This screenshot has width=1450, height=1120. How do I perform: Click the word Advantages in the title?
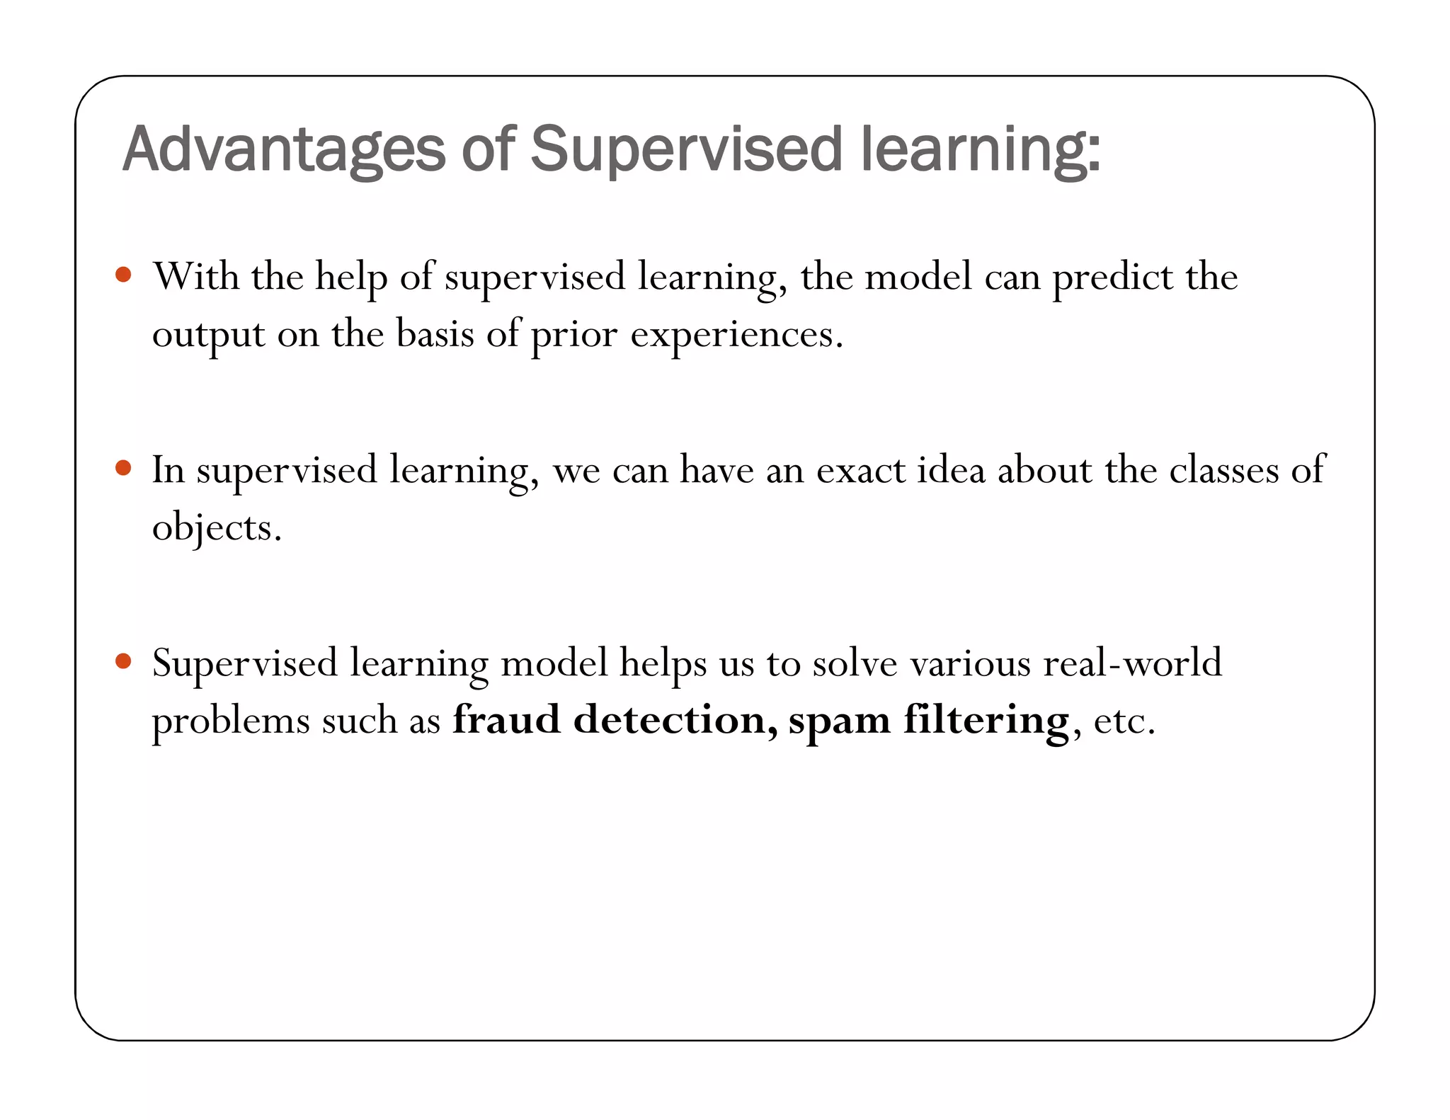284,150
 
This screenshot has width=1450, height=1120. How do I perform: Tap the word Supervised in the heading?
686,150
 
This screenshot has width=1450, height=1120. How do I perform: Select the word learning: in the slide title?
981,150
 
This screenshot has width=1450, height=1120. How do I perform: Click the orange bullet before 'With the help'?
123,275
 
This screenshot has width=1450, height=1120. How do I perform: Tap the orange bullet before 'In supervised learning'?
123,468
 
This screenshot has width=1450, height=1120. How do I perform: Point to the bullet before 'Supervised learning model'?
123,661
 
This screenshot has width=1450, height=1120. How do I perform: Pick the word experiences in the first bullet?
736,335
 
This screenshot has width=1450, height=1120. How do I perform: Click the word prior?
574,335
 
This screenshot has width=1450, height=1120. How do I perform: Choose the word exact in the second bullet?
860,470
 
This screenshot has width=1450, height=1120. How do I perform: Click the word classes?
1223,470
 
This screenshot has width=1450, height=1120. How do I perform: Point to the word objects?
217,528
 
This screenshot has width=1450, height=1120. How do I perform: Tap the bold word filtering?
986,721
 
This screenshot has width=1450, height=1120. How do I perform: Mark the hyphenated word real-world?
1132,663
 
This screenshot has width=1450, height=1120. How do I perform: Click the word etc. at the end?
1124,721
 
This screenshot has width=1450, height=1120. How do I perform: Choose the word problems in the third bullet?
231,721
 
